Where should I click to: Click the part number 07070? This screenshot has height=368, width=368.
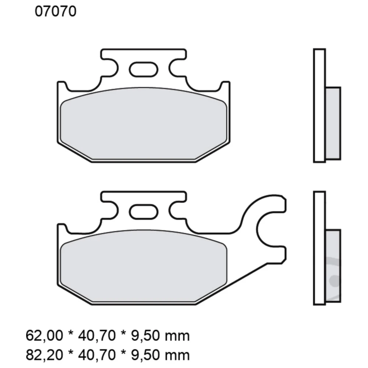(x=56, y=12)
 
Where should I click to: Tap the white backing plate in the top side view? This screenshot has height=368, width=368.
(x=319, y=105)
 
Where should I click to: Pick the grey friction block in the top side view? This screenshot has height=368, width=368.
(x=333, y=123)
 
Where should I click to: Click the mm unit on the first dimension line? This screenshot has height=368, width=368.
(x=177, y=336)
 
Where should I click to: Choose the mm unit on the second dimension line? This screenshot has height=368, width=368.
(x=177, y=355)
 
